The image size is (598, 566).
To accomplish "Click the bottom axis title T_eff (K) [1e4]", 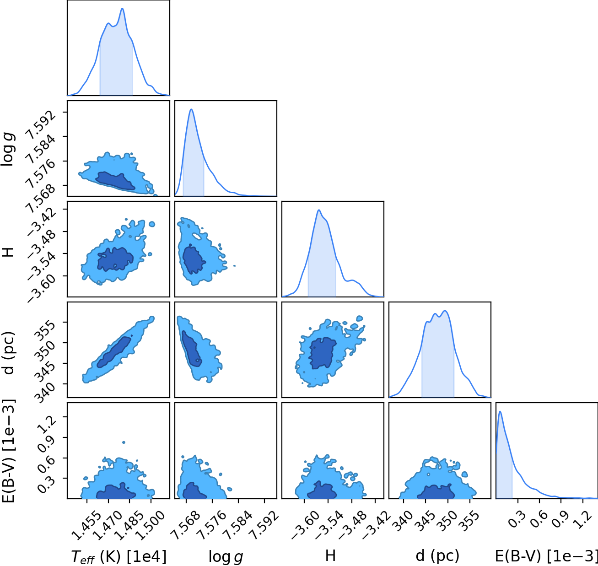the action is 119,556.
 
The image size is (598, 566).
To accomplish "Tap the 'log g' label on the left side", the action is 8,149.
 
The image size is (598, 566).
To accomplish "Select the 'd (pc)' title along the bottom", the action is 437,556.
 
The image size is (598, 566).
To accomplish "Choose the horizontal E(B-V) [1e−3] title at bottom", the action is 546,556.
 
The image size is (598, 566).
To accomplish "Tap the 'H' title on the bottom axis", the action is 330,556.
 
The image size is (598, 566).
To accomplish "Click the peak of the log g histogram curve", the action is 191,109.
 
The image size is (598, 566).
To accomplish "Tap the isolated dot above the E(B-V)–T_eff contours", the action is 124,442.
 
